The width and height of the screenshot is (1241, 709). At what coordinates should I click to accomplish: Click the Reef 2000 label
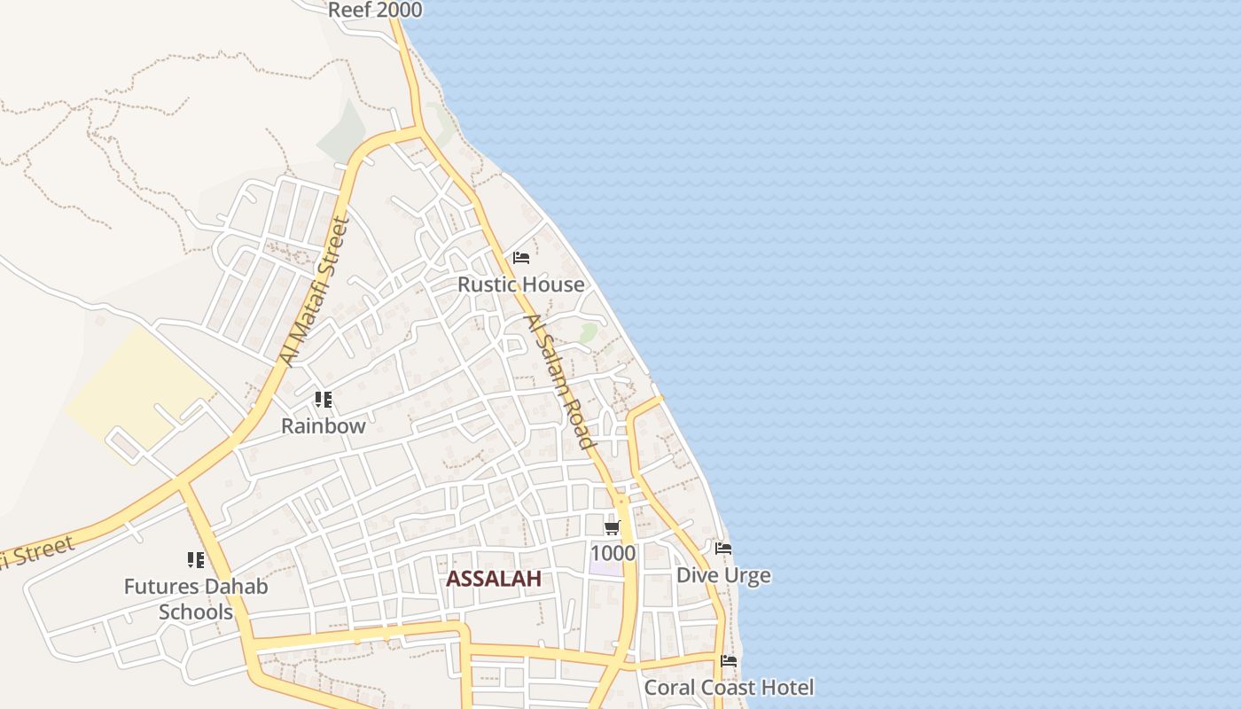coord(375,11)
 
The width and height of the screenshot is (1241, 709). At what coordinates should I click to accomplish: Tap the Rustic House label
coord(521,284)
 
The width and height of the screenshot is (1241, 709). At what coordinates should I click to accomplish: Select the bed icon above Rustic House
coord(521,258)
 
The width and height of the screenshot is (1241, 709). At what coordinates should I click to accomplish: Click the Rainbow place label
coord(324,425)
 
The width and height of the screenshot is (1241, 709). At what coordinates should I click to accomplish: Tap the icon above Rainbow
coord(324,400)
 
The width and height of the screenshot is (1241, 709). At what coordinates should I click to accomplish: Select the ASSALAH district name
coord(493,579)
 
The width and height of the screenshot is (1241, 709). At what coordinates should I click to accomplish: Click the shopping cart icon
coord(612,528)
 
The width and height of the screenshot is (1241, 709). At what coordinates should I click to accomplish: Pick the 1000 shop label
coord(613,554)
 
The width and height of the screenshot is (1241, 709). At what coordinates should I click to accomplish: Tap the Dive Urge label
coord(723,575)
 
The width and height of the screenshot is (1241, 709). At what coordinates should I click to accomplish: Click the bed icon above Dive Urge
coord(723,549)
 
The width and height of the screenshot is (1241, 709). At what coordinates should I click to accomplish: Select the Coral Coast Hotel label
coord(729,688)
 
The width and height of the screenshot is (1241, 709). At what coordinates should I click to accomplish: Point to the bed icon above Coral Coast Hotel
coord(729,661)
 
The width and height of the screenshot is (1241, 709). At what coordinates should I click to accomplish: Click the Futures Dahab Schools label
coord(196,599)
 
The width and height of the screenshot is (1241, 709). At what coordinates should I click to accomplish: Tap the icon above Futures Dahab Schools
coord(196,560)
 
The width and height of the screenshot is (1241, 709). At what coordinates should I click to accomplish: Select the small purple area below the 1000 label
coord(606,568)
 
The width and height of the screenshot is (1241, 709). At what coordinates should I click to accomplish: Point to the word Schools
coord(196,612)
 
